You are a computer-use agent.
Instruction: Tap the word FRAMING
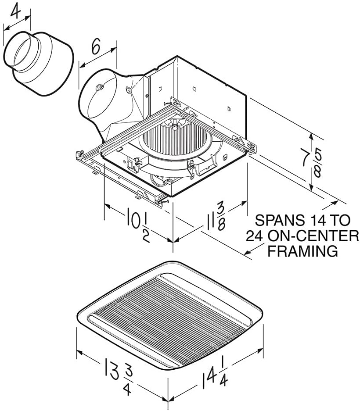[x=302, y=251]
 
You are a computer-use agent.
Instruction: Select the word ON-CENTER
[x=313, y=236]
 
